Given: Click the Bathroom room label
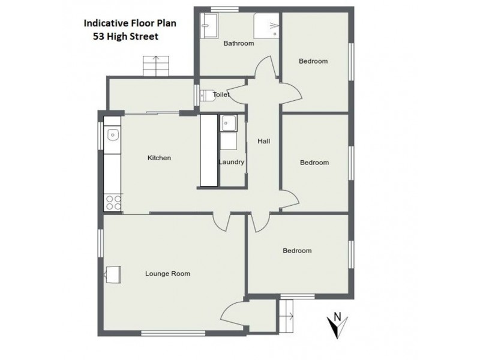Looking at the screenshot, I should coord(238,43).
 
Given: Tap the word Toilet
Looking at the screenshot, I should coord(221,94).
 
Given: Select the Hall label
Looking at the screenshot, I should coord(263,142).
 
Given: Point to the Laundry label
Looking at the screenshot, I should coord(231,162).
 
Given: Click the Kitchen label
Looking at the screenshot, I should coord(160,158).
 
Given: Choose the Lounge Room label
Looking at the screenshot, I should coord(167,274).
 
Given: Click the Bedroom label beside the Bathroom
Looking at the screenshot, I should coord(313,61).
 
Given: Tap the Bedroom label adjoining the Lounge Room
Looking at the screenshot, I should coord(297,251).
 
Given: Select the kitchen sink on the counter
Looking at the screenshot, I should coord(112,136).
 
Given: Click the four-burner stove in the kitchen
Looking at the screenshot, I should coord(112,202).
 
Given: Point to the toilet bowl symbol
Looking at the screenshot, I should coord(206,95).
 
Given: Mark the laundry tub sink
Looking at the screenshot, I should coord(228,123).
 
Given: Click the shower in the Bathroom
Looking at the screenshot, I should coord(266,26).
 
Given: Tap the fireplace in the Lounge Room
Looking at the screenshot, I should coord(113,274).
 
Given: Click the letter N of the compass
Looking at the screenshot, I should coord(337,316).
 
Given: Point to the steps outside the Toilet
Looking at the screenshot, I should coord(157,65).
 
